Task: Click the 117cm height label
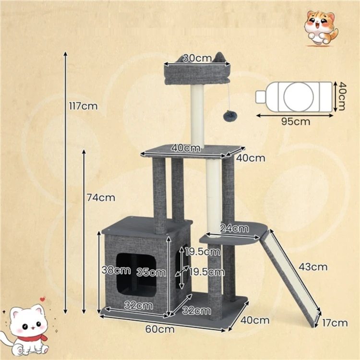[84, 106]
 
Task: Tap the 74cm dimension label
[101, 198]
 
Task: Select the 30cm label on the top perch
[197, 58]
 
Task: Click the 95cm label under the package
[296, 121]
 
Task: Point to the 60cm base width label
[160, 329]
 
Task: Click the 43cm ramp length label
[313, 267]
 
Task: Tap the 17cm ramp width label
[335, 323]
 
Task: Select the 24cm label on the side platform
[234, 228]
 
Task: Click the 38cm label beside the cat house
[116, 270]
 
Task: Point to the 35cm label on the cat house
[151, 273]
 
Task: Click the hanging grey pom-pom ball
[228, 115]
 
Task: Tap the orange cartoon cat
[321, 28]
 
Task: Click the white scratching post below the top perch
[197, 116]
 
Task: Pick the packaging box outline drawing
[294, 97]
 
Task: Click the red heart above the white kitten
[42, 299]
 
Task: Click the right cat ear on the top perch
[219, 58]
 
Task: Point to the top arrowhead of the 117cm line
[65, 54]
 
